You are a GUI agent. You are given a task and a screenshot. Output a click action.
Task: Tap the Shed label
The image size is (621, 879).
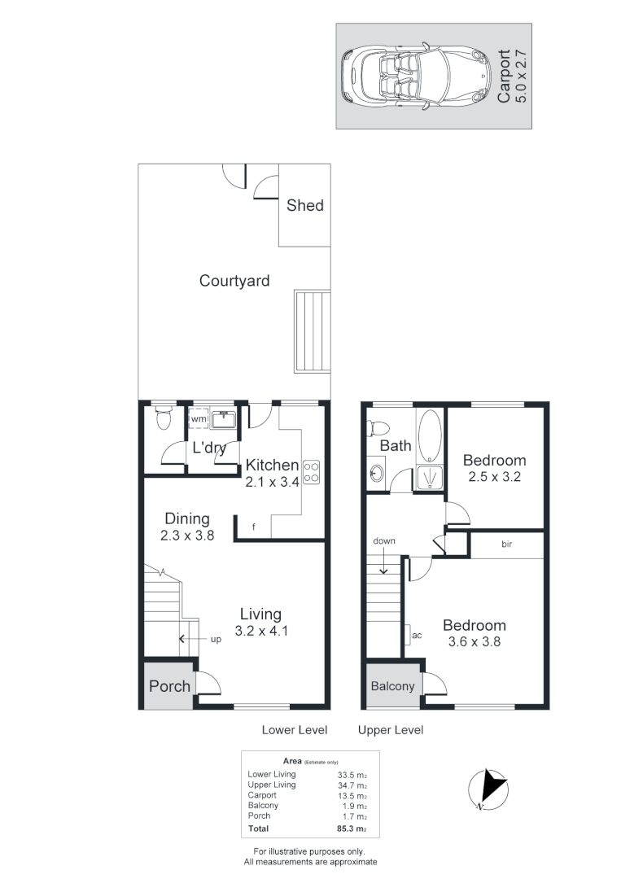coord(305,205)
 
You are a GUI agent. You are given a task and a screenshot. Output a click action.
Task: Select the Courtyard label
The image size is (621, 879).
coord(234,281)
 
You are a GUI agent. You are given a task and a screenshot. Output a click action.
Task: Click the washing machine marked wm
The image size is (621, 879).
coord(199,419)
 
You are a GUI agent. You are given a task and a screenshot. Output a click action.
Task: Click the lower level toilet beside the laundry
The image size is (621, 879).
coord(163,419)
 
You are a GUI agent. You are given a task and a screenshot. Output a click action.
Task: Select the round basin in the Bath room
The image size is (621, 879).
coord(377,474)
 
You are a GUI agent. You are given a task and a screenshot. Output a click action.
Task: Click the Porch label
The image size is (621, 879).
coord(169,685)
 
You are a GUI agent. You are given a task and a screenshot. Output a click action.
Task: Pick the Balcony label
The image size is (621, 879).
coord(392,686)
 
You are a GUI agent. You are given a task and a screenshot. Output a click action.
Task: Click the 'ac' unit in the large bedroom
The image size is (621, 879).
coord(416,635)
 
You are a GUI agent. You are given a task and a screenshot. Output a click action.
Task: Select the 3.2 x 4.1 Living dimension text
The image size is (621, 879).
coord(260,630)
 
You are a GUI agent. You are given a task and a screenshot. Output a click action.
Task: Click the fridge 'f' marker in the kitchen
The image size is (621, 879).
coord(253,527)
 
